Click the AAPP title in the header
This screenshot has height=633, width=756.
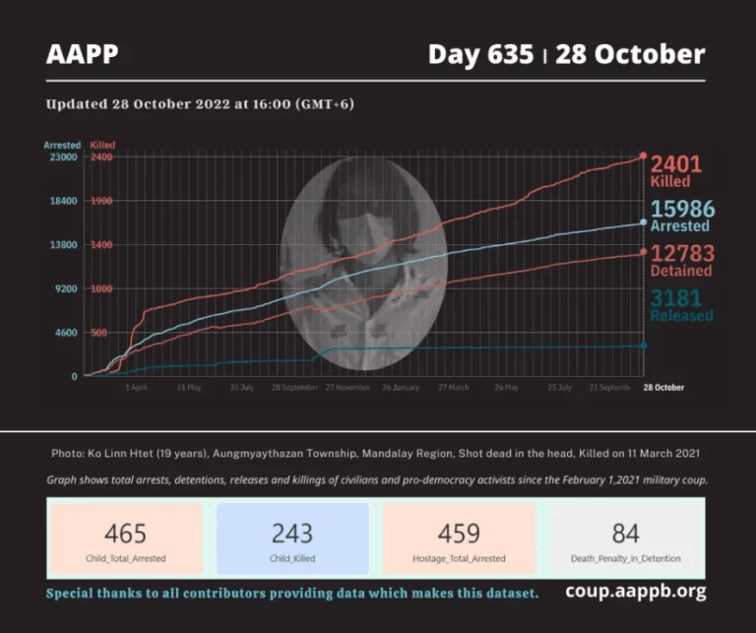tap(82, 54)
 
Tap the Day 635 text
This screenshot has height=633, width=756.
tap(481, 54)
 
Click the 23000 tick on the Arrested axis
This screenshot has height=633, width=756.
tap(63, 158)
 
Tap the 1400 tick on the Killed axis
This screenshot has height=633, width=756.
tap(102, 245)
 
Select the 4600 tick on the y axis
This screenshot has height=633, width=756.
tap(65, 333)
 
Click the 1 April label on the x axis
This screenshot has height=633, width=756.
tap(136, 388)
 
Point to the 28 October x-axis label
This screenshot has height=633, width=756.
tap(663, 388)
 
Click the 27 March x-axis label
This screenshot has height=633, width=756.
tap(453, 388)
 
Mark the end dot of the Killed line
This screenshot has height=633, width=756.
tap(644, 156)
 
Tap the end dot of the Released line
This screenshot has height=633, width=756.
tap(644, 345)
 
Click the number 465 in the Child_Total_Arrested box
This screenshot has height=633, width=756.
tap(125, 534)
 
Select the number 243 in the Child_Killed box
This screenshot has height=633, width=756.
tap(292, 534)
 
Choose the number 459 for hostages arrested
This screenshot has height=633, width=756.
tap(459, 534)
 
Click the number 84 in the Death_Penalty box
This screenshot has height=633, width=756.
tap(625, 534)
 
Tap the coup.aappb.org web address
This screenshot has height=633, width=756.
tap(635, 593)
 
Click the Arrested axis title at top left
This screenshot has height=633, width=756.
tap(62, 145)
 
